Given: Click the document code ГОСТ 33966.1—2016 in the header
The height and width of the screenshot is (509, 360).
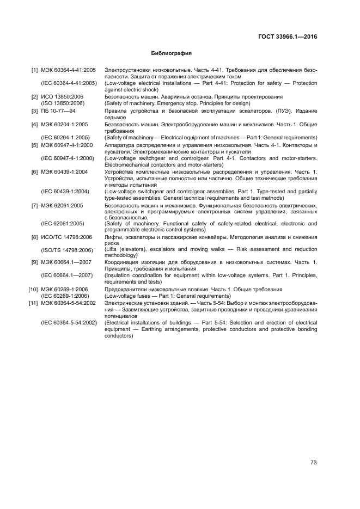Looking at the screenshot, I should click(286, 37).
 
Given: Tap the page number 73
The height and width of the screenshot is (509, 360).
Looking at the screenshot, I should click(313, 463).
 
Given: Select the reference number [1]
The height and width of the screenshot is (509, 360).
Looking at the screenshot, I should click(34, 70).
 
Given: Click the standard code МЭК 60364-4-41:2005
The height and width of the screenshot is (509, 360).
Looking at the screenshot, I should click(69, 70).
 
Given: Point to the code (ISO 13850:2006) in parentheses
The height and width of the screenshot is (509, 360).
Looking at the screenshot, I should click(63, 103).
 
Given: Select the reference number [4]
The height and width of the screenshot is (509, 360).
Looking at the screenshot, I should click(34, 124).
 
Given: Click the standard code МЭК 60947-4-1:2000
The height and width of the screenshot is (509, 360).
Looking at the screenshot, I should click(67, 145).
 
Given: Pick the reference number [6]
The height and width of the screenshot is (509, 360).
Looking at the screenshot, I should click(34, 172).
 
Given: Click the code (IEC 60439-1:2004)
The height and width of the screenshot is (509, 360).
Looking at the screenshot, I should click(65, 192).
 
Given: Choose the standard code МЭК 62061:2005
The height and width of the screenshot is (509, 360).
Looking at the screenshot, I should click(62, 206).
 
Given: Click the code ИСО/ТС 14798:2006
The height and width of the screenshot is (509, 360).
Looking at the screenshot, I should click(66, 237).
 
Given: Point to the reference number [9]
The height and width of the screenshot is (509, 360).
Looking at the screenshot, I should click(34, 262).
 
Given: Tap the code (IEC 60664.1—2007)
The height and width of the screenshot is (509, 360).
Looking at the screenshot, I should click(66, 276).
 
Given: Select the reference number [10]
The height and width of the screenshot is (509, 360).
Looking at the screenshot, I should click(33, 290).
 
